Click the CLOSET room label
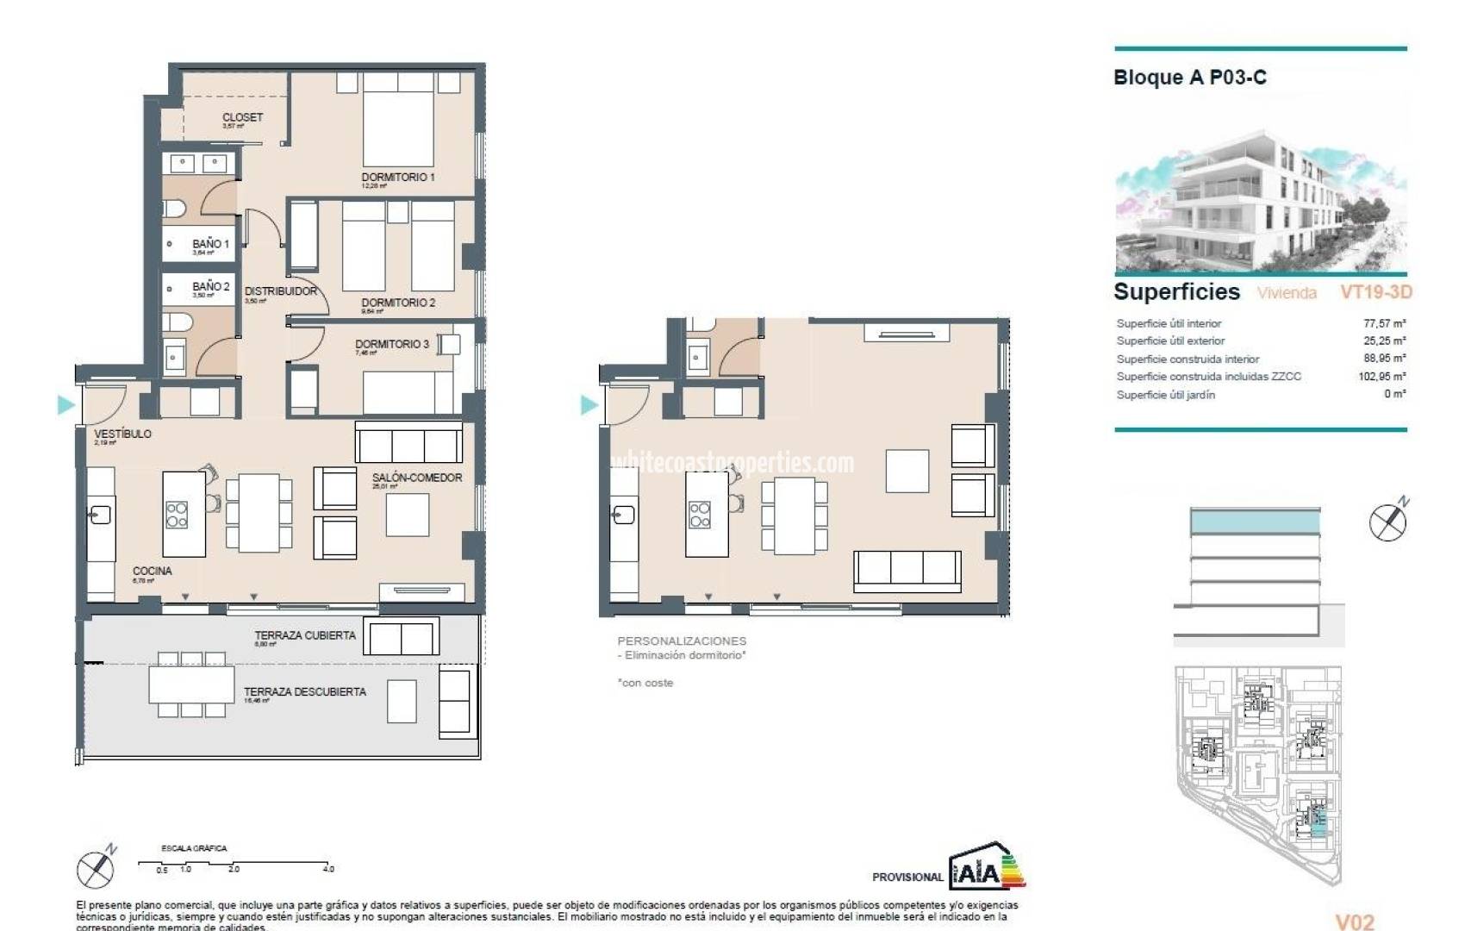[x=242, y=117]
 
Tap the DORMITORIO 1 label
[x=397, y=177]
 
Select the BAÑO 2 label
[x=210, y=286]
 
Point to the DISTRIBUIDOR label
[x=281, y=291]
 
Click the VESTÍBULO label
[x=122, y=434]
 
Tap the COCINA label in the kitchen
[x=152, y=571]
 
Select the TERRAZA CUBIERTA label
[x=304, y=635]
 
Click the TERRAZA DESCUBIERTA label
[x=304, y=691]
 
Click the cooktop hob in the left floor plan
[x=177, y=515]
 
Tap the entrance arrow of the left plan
[x=65, y=404]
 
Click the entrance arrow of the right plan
[x=589, y=404]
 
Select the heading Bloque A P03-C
[x=1189, y=78]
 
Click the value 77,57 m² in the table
[x=1384, y=323]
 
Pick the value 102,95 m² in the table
[x=1381, y=376]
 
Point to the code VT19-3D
[x=1375, y=292]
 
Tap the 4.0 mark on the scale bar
[x=327, y=869]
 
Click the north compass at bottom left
[x=95, y=867]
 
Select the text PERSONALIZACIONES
[x=682, y=640]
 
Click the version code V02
[x=1355, y=922]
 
